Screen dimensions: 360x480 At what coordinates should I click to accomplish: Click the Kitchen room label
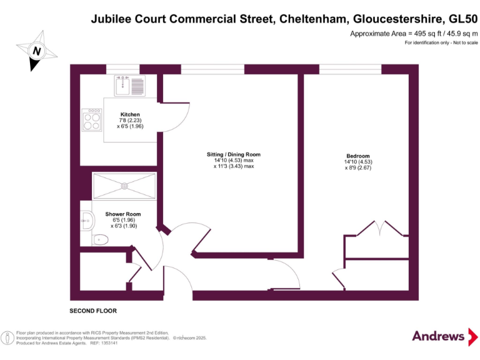pyautogui.click(x=130, y=114)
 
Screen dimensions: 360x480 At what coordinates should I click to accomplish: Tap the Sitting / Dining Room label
pyautogui.click(x=234, y=154)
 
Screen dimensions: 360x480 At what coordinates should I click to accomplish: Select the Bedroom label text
pyautogui.click(x=358, y=156)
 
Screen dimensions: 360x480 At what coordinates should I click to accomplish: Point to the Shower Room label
pyautogui.click(x=123, y=214)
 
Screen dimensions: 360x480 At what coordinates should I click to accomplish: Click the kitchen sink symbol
pyautogui.click(x=129, y=84)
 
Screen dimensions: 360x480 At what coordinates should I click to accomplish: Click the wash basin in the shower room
pyautogui.click(x=87, y=219)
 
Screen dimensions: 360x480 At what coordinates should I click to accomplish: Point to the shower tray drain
pyautogui.click(x=124, y=184)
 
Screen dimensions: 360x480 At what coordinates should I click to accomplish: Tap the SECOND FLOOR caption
pyautogui.click(x=92, y=311)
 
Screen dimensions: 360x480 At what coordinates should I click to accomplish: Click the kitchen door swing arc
pyautogui.click(x=177, y=119)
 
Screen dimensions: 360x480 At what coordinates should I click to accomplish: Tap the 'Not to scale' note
pyautogui.click(x=463, y=42)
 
